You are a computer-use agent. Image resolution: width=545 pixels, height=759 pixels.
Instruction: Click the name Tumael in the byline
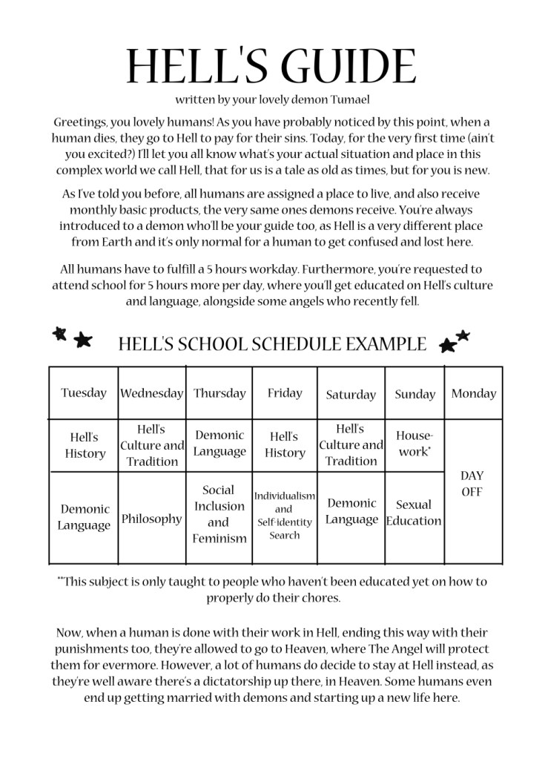(349, 99)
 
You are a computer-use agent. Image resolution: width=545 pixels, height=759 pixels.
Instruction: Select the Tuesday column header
(84, 393)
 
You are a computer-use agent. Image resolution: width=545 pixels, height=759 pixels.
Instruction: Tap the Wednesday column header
(151, 393)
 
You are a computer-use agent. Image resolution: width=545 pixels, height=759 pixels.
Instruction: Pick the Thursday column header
(219, 393)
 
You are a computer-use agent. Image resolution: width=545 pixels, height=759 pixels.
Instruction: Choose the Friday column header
(285, 393)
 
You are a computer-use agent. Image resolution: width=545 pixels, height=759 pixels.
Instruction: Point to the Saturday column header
(351, 395)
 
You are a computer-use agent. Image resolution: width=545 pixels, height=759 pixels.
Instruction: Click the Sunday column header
(414, 395)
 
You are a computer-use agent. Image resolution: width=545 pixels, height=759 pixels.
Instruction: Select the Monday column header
(473, 393)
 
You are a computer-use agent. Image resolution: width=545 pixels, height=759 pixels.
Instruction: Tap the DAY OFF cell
(472, 484)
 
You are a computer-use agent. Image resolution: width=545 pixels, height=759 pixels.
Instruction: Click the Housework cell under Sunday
(414, 444)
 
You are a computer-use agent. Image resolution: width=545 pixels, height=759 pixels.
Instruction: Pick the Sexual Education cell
(414, 513)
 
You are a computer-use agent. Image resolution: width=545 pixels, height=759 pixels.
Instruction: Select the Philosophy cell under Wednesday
(151, 519)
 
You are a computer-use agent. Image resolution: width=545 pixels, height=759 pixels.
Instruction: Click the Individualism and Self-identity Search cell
(285, 515)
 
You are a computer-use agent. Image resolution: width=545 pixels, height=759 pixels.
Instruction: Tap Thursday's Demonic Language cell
(219, 443)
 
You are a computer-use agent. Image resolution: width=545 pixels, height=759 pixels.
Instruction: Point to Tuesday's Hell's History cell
(84, 445)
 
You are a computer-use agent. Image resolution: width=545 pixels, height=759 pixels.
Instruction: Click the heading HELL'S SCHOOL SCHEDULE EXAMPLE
(272, 344)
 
